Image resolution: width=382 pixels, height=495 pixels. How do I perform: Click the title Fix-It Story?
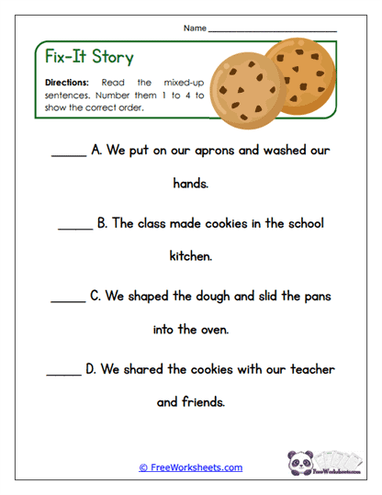pyautogui.click(x=89, y=57)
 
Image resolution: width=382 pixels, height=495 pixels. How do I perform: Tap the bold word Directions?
pyautogui.click(x=66, y=82)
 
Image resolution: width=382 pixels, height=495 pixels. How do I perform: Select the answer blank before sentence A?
pyautogui.click(x=68, y=154)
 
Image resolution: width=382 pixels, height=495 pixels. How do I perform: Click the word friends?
pyautogui.click(x=203, y=402)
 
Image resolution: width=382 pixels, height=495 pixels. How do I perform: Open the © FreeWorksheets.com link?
pyautogui.click(x=191, y=467)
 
